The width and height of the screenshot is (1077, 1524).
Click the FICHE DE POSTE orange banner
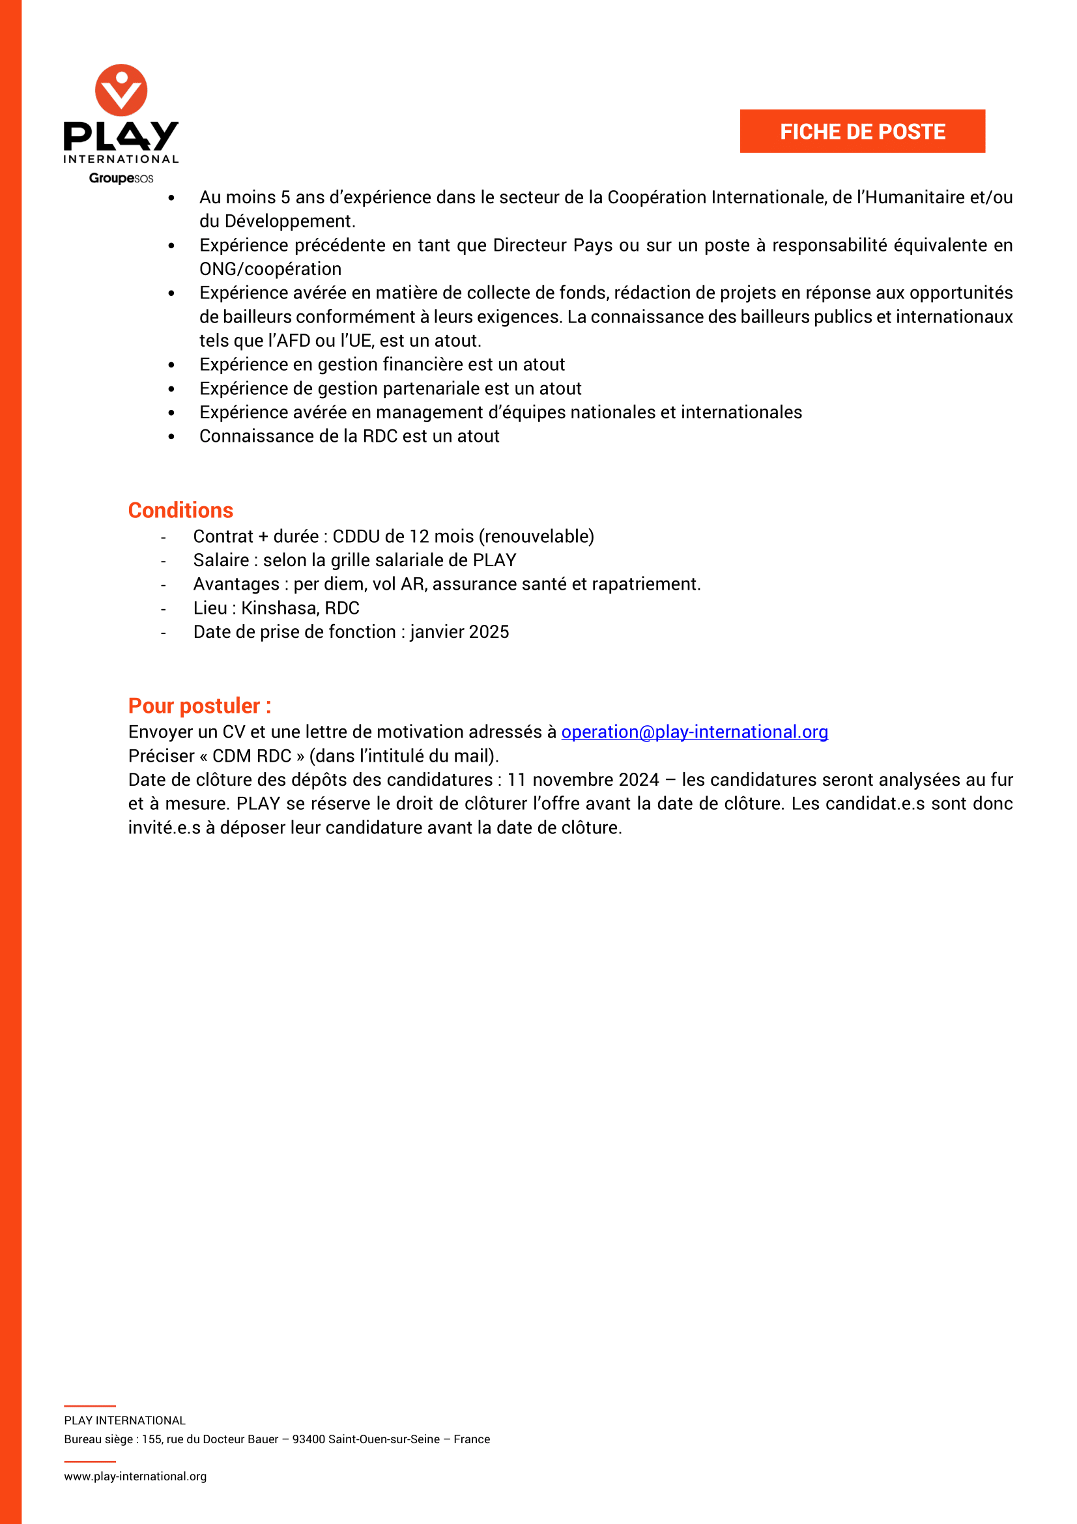coord(862,132)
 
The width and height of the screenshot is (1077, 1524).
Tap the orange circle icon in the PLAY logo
coord(121,90)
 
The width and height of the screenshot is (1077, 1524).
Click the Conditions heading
coord(180,510)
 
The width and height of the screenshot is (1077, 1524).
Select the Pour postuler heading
coord(199,705)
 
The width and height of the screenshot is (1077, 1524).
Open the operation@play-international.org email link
coord(694,732)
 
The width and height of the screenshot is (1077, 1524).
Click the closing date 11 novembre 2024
coord(582,779)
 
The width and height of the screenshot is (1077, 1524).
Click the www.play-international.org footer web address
coord(136,1476)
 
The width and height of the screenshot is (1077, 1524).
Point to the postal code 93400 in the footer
coord(309,1439)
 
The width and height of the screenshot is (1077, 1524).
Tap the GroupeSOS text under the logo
coord(121,178)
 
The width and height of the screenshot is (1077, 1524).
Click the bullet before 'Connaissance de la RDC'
coord(171,437)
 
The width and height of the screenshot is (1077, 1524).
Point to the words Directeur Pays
coord(553,245)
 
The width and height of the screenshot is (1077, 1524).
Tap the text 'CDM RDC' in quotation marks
coord(251,755)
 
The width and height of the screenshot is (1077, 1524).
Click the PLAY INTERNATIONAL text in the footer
coord(124,1420)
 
